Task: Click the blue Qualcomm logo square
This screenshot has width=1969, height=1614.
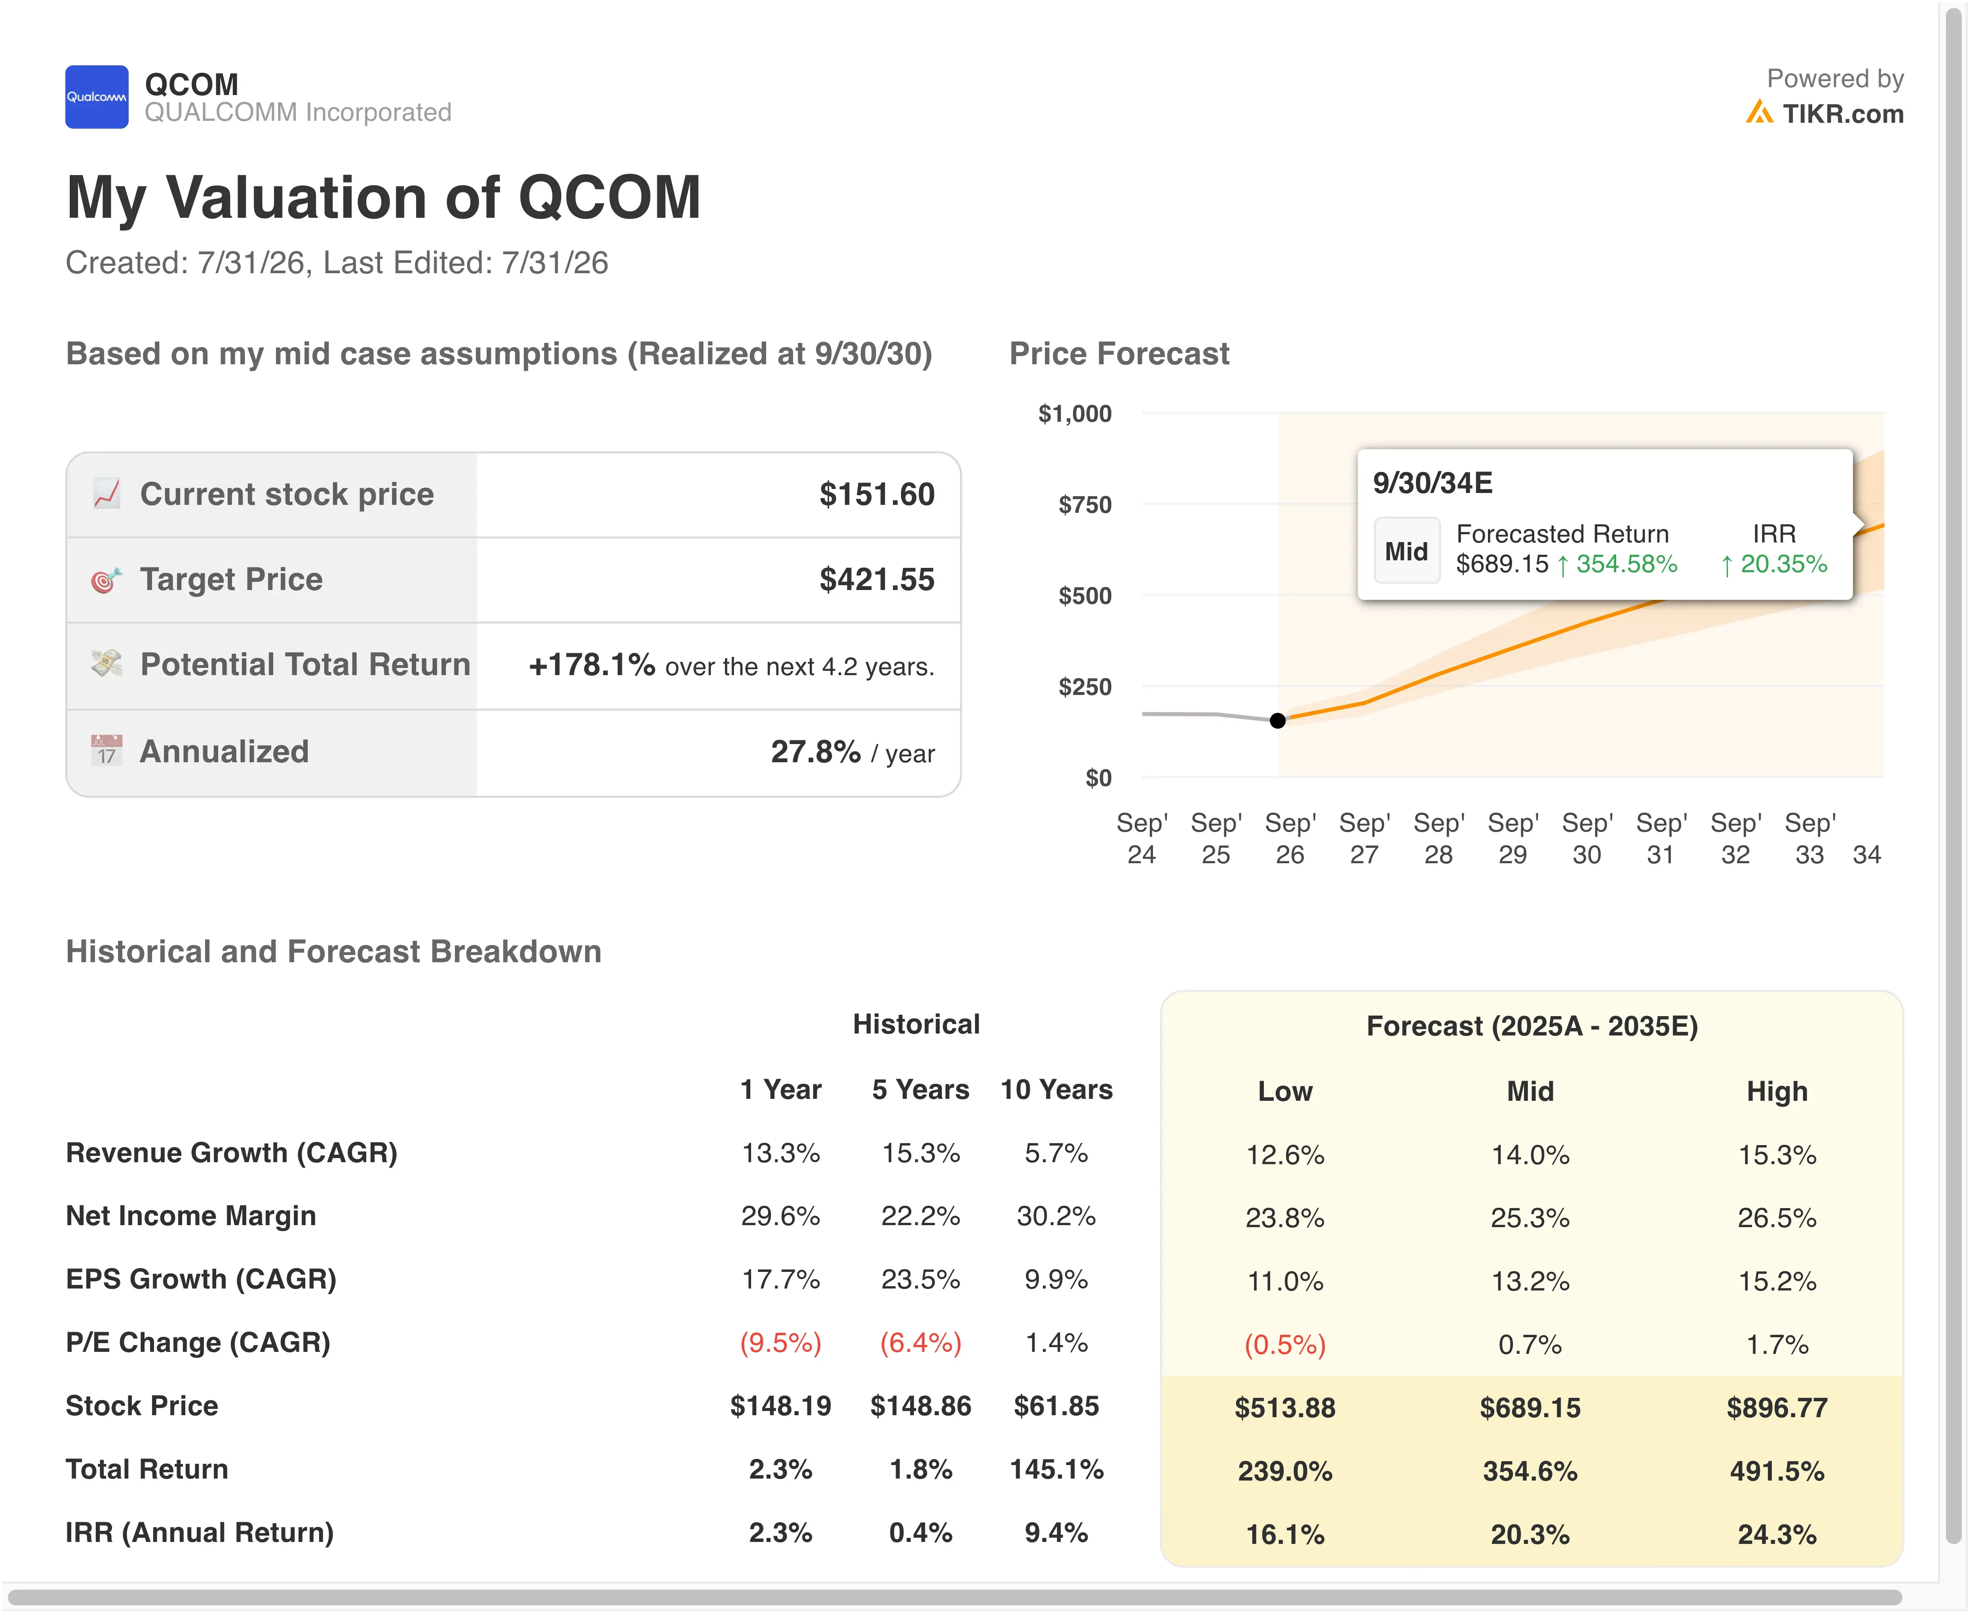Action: coord(97,97)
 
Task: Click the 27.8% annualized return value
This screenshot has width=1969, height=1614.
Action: coord(815,751)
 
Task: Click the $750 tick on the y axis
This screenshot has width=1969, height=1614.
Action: coord(1085,505)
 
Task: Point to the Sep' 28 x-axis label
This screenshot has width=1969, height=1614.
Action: coord(1438,839)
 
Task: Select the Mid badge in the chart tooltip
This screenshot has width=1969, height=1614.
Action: coord(1406,551)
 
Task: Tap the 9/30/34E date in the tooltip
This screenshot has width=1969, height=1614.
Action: coord(1433,483)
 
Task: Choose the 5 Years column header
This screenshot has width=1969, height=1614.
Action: coord(920,1090)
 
